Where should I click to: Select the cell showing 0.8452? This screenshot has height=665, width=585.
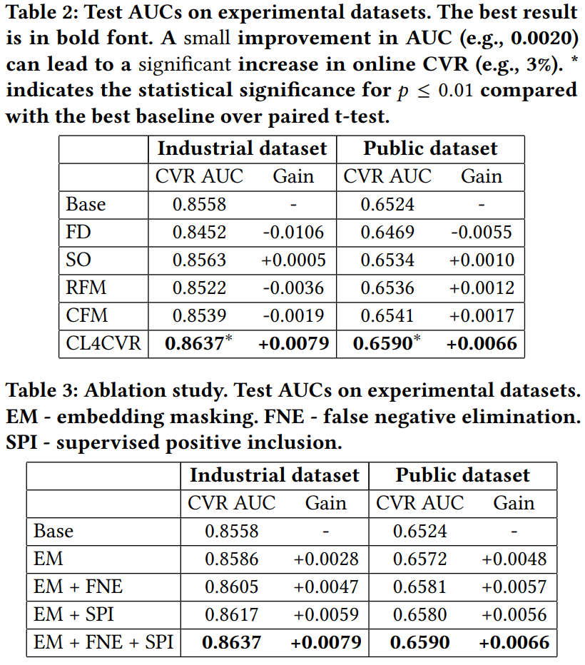199,232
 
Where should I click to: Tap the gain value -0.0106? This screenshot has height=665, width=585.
293,232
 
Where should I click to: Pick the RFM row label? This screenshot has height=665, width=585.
86,288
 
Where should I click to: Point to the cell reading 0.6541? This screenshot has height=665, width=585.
387,315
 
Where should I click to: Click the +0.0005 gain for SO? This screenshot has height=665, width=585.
293,260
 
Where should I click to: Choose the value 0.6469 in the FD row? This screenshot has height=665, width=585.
387,232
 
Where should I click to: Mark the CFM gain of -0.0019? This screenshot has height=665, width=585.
293,315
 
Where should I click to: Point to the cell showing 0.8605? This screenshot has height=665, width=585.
232,587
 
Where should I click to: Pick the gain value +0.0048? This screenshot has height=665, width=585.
514,559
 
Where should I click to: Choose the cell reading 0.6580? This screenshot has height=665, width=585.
419,614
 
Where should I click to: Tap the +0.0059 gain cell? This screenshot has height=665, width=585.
325,614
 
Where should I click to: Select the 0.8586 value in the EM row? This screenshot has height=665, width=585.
232,559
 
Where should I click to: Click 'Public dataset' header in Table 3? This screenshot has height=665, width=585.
462,475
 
